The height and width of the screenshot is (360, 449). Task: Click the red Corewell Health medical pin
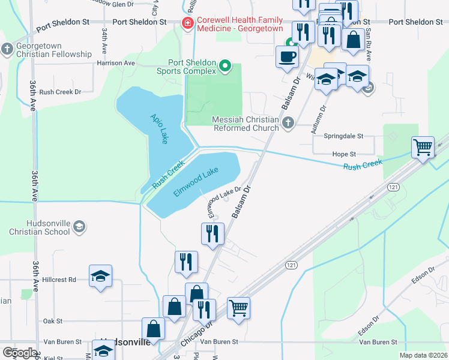187,23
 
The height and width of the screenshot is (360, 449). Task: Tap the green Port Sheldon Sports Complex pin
226,65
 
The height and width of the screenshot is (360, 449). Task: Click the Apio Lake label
158,128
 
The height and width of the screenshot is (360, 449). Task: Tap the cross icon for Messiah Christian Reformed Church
288,123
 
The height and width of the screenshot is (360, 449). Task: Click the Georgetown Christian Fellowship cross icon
7,49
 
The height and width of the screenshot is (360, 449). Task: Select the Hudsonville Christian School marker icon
80,226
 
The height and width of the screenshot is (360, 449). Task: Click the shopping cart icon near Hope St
423,147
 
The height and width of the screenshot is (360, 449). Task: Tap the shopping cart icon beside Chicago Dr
239,308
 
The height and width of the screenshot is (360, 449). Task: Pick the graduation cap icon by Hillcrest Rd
100,276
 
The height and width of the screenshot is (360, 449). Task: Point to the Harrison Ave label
116,62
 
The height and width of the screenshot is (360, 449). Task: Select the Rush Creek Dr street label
60,92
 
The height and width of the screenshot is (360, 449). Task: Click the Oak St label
53,321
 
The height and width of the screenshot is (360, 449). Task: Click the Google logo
20,352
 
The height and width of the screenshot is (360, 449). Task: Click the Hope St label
345,154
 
